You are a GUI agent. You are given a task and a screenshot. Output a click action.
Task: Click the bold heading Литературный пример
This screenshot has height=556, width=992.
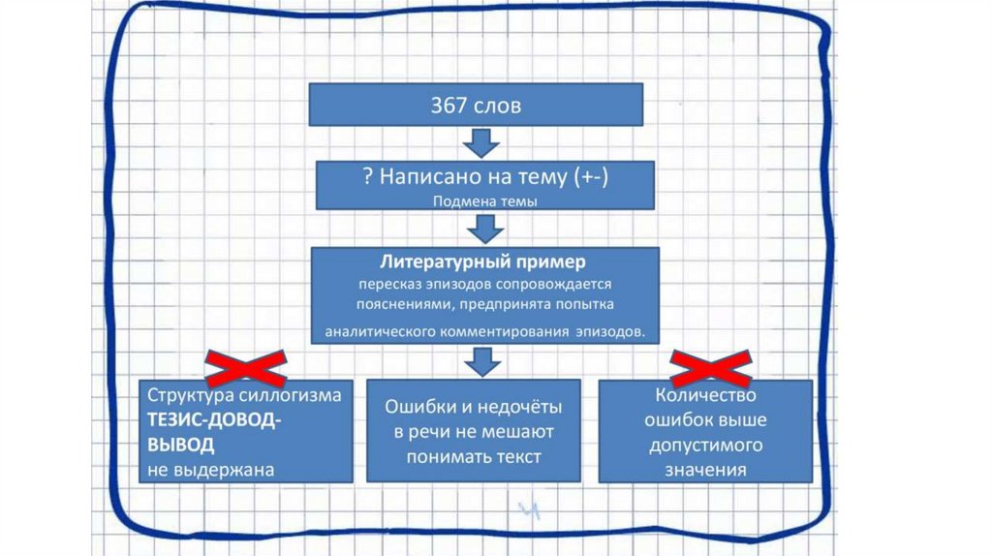pyautogui.click(x=482, y=263)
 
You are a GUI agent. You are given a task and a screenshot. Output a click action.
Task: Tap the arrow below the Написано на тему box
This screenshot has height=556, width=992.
pyautogui.click(x=482, y=230)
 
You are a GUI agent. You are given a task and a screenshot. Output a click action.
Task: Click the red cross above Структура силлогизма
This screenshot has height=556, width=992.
pyautogui.click(x=245, y=367)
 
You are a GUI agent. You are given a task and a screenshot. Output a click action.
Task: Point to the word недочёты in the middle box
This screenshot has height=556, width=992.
pyautogui.click(x=521, y=408)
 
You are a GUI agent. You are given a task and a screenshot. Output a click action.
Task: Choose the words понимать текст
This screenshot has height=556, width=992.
pyautogui.click(x=474, y=457)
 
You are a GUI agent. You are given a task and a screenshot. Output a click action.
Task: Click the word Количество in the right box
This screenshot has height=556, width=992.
pyautogui.click(x=705, y=397)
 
